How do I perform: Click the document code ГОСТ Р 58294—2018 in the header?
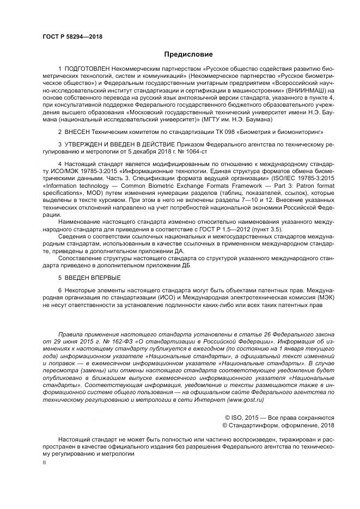point(72,37)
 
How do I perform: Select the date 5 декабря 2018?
point(150,152)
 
